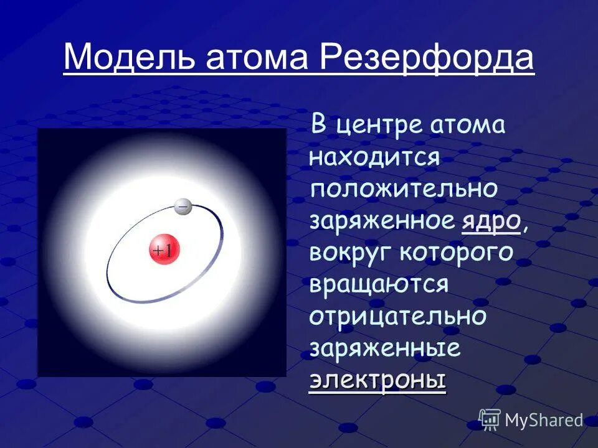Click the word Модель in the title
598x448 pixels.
click(116, 58)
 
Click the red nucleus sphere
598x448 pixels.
click(164, 250)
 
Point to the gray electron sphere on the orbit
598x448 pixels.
click(183, 206)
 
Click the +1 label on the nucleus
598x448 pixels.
click(164, 251)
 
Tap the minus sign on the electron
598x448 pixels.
click(183, 205)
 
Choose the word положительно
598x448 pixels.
click(404, 189)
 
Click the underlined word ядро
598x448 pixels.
click(491, 221)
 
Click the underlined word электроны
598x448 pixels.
click(377, 380)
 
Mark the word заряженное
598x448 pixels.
click(381, 221)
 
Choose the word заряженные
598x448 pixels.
click(384, 348)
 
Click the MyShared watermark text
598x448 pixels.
click(544, 420)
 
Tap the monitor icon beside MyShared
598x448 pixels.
click(490, 420)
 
